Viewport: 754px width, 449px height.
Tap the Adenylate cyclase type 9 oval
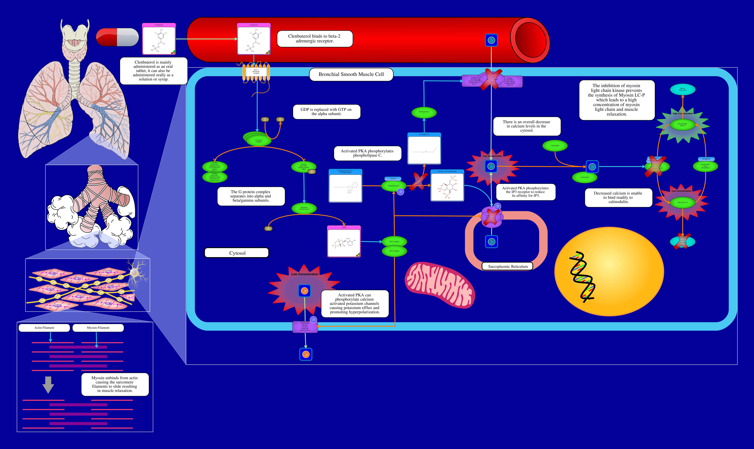[x=304, y=208]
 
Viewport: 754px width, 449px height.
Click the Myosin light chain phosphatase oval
[x=705, y=166]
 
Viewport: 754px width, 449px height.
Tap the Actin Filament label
[x=44, y=328]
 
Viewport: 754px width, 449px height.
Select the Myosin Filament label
[x=98, y=328]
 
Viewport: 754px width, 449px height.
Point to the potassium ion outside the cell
[x=306, y=354]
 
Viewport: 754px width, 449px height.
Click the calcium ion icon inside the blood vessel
[x=491, y=40]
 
